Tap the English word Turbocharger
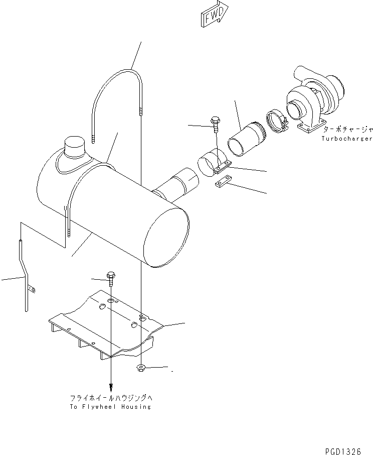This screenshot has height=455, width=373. coord(347,138)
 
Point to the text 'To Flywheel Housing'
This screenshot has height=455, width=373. coord(110,406)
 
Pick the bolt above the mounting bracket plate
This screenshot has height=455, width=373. coord(111,278)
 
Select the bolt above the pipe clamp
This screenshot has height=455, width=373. coord(215,123)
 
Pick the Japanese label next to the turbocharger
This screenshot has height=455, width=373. coord(345,129)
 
